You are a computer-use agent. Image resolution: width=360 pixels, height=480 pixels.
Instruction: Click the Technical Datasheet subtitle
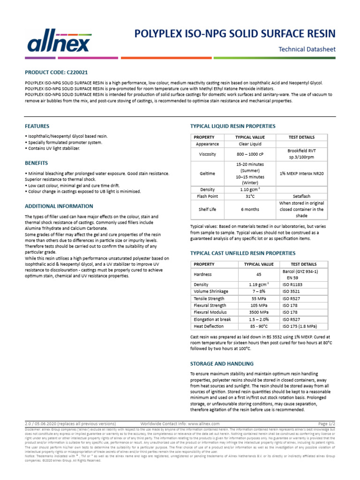[x=307, y=49]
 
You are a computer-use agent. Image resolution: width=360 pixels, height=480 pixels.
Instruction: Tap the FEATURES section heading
[x=37, y=126]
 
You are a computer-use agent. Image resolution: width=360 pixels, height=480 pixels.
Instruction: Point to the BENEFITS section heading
[x=36, y=163]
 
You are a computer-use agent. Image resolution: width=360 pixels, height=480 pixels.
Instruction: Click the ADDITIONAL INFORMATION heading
[x=59, y=206]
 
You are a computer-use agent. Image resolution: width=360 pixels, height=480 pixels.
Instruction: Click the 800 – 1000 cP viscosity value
[x=249, y=154]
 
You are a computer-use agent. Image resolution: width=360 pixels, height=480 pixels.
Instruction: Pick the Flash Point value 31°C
[x=249, y=196]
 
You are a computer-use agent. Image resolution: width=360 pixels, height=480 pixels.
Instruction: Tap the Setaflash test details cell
[x=302, y=196]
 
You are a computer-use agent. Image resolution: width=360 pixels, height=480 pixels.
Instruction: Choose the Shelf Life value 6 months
[x=249, y=210]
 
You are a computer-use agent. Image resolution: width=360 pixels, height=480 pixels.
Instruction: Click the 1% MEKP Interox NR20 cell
[x=302, y=173]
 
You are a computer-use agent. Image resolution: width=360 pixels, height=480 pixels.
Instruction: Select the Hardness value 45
[x=258, y=275]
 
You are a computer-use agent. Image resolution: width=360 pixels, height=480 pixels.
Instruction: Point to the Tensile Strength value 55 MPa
[x=258, y=298]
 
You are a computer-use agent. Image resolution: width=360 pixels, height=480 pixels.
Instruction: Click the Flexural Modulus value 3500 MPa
[x=258, y=312]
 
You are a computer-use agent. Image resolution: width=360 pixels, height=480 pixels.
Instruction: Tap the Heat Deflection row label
[x=209, y=326]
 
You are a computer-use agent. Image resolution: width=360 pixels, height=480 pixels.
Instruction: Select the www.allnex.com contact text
[x=196, y=423]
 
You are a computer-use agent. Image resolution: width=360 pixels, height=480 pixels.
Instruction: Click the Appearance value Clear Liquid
[x=249, y=144]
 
